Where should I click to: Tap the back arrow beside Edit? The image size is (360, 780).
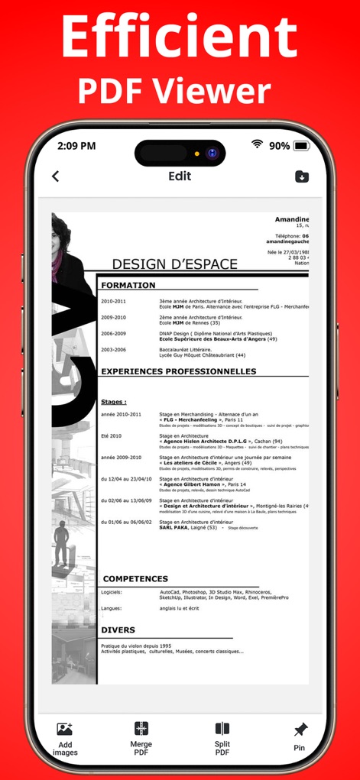point(55,176)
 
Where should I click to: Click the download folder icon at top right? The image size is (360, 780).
point(303,176)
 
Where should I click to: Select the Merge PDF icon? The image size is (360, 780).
point(141,729)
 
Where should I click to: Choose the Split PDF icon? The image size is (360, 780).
point(222,729)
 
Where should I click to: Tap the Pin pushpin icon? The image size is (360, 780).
point(300,729)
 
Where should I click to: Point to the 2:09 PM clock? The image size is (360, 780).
point(76,145)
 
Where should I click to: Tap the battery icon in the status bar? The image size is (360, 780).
point(301,145)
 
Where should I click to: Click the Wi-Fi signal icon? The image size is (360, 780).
point(258,144)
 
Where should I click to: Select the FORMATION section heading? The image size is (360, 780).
point(128,285)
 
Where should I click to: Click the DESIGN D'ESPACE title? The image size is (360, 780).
point(175,264)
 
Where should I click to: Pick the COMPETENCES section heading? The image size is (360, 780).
point(135,579)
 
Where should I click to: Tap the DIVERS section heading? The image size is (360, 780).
point(118,630)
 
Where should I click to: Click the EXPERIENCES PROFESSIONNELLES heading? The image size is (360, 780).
point(178,371)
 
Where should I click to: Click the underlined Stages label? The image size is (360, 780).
point(113,401)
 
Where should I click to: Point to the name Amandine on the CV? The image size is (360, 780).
point(291,219)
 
